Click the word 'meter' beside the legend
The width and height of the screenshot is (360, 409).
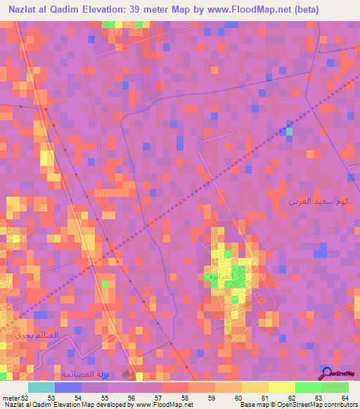tap(11, 397)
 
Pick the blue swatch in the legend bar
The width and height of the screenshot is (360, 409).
tap(67, 387)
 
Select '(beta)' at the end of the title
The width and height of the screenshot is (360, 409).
tap(298, 10)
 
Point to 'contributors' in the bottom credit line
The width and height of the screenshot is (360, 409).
tap(340, 405)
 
